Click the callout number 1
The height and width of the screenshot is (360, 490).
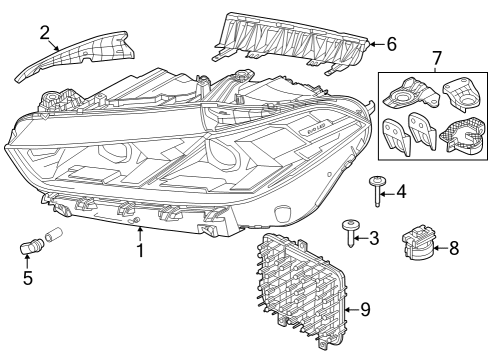click(x=140, y=250)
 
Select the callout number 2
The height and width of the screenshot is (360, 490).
click(x=45, y=33)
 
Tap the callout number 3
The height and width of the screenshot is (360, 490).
click(x=373, y=238)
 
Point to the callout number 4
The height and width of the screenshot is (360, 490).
click(x=401, y=190)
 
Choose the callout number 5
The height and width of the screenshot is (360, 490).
click(x=28, y=279)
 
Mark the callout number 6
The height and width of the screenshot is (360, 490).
click(x=391, y=44)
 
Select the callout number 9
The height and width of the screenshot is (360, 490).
click(x=365, y=310)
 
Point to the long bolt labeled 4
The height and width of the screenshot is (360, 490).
click(x=378, y=189)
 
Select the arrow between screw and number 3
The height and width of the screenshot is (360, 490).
click(x=362, y=238)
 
